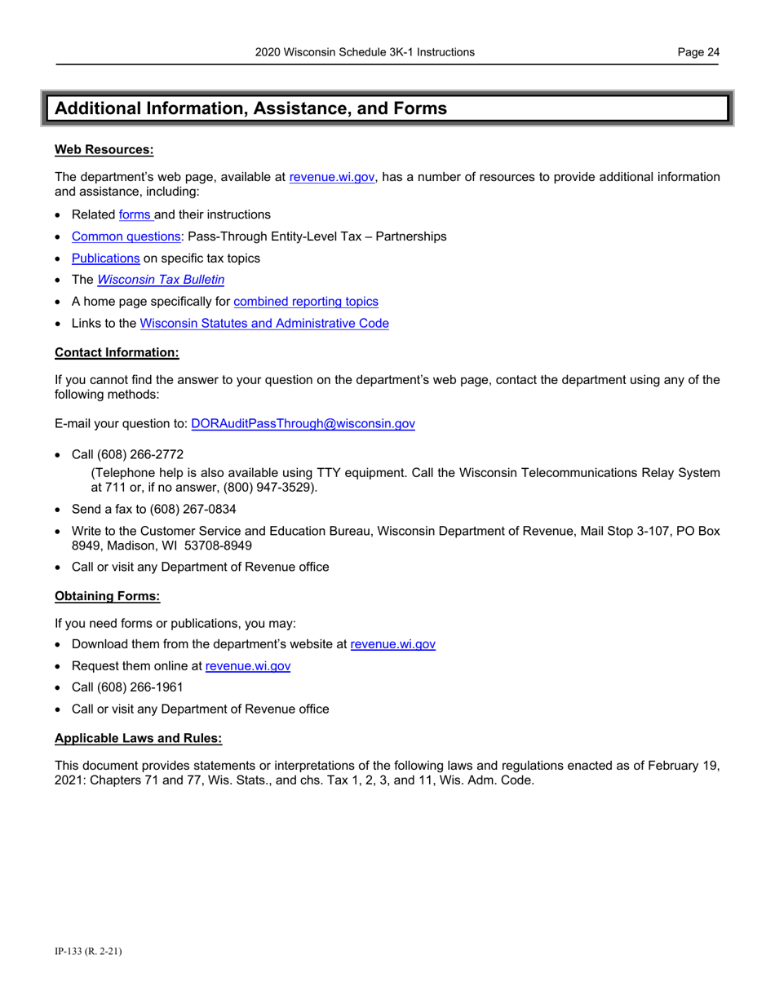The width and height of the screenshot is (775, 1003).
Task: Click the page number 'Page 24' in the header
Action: click(x=698, y=52)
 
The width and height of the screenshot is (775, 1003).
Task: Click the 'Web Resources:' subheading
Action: click(x=104, y=149)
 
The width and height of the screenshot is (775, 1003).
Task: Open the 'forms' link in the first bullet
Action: click(x=135, y=214)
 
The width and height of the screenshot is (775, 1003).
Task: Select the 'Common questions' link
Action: click(x=126, y=236)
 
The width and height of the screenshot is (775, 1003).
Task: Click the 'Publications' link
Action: click(x=106, y=258)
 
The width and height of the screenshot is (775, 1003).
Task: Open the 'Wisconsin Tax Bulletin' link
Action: click(x=161, y=280)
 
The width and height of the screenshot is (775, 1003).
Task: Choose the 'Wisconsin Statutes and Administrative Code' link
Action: click(x=264, y=324)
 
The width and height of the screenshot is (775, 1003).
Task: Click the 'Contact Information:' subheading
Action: click(x=117, y=352)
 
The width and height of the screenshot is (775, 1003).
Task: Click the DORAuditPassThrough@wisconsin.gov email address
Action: click(x=303, y=424)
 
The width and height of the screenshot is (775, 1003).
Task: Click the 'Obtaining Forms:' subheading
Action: click(x=108, y=595)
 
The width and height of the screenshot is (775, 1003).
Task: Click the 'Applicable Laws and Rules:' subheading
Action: click(x=138, y=738)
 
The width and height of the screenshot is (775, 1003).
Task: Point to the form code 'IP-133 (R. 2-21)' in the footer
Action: click(x=88, y=950)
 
